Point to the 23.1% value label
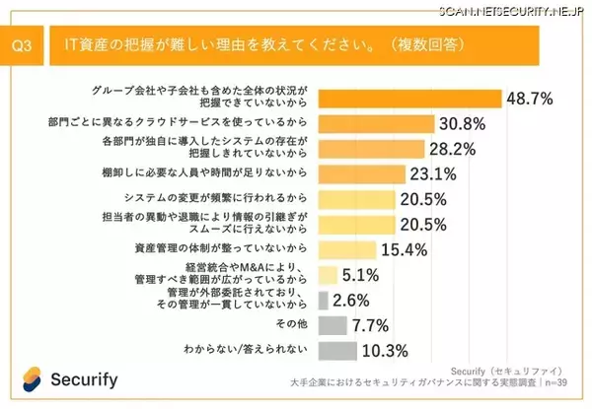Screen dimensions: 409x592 pos(433,175)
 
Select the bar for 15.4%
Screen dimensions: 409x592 pos(348,250)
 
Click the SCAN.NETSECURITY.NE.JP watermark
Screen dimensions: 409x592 pos(505,9)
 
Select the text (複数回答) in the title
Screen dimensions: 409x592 pos(430,44)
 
